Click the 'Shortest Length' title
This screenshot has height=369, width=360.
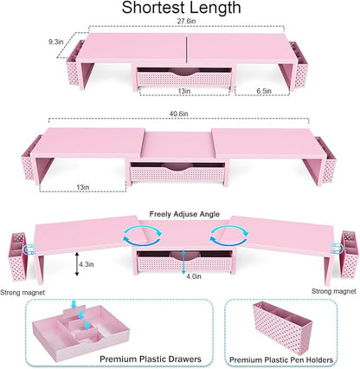point(181,8)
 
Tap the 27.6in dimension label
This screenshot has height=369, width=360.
point(187,21)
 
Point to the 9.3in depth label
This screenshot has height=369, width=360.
point(55,42)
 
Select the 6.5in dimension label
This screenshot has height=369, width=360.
point(264,91)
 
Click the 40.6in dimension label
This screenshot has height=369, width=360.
point(178,113)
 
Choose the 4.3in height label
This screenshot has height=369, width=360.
point(87,264)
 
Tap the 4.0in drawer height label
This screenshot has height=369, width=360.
point(194,276)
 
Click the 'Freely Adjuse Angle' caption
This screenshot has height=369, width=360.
point(184,214)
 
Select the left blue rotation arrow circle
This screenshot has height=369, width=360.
point(143,236)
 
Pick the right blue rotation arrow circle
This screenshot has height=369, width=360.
point(229,236)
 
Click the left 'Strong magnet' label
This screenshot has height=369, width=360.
point(22,293)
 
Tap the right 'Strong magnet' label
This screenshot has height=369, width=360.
point(334,291)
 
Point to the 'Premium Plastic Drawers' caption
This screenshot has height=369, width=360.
point(151,359)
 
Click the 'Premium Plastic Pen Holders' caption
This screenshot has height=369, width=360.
point(281,360)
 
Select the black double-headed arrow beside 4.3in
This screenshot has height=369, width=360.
point(77,264)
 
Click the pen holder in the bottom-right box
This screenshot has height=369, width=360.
point(282,327)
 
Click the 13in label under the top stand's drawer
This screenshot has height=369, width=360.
point(184,91)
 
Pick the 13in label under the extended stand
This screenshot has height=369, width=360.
point(83,187)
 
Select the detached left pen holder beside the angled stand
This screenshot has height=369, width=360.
point(18,256)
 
